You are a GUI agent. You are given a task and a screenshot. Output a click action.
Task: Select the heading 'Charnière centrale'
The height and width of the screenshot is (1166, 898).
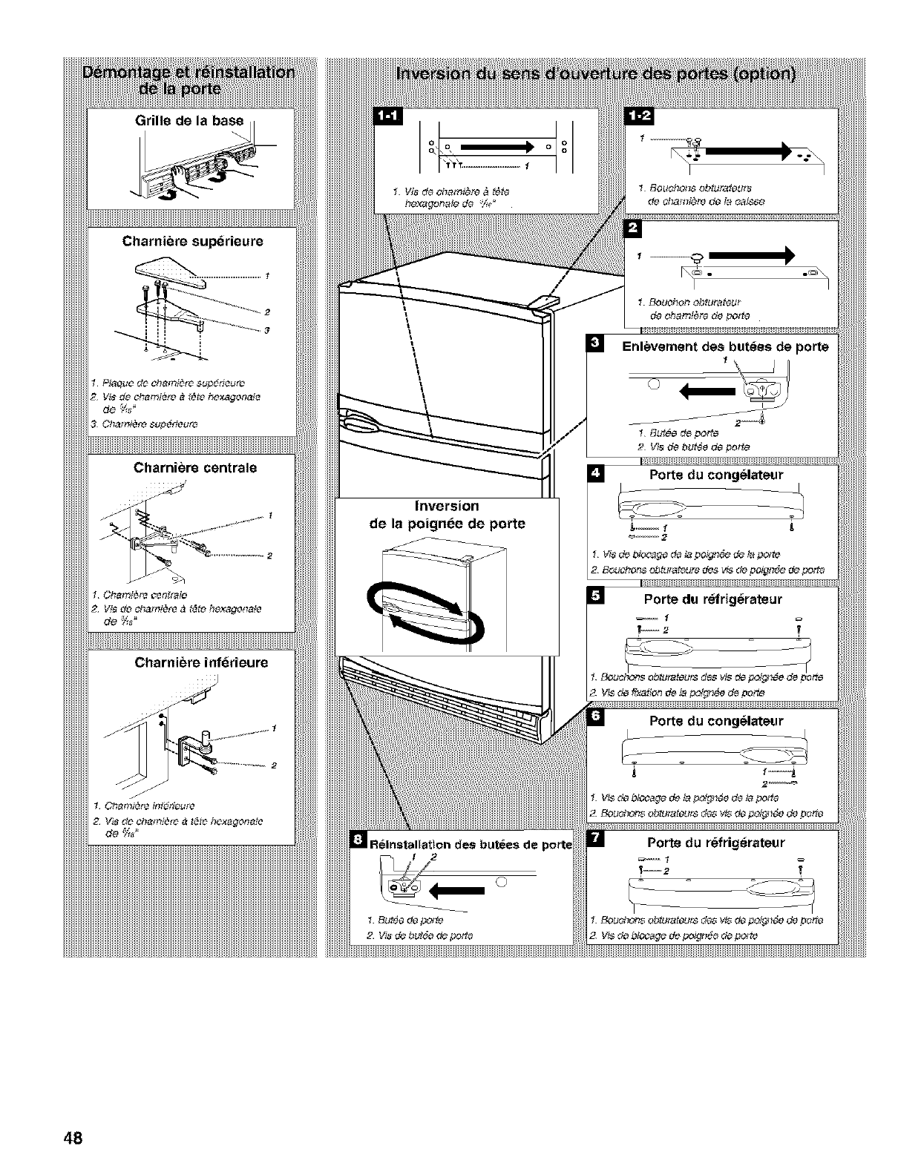(194, 468)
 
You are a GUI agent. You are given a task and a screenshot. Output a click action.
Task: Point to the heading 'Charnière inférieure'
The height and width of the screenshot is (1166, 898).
(201, 662)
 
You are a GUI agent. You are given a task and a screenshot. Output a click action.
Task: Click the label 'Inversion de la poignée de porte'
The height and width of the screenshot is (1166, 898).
(446, 515)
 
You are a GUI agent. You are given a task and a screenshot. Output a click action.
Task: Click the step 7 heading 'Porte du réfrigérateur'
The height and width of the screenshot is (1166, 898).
(715, 842)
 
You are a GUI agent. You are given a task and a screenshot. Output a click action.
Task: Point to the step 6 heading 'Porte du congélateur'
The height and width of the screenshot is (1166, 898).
(715, 720)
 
